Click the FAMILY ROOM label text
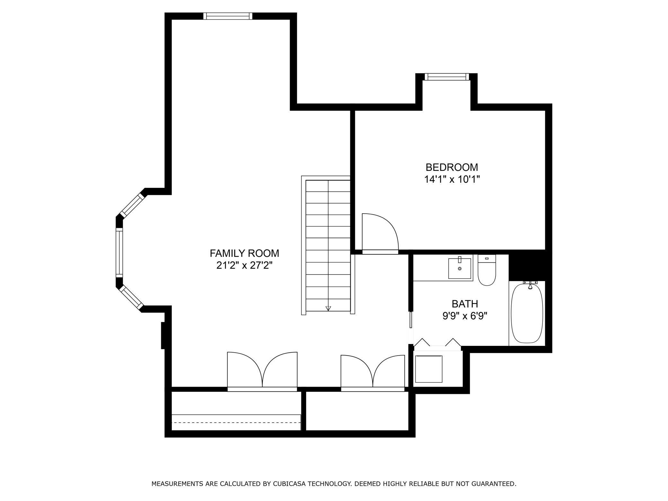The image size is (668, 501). pos(244,253)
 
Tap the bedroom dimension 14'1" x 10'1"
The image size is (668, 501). pos(452,179)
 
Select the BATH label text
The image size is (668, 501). pos(465,304)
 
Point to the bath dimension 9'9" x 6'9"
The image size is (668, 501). pos(465,316)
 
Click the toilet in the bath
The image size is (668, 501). pos(487,271)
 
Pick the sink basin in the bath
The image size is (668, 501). pos(460,268)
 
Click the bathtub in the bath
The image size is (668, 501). pos(527,313)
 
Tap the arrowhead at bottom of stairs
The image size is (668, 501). pos(328,308)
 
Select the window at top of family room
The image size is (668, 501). pos(228,16)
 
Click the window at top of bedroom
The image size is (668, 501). pos(446,76)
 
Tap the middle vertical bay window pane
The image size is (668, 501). pos(119,252)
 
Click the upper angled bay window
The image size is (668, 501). pos(132,205)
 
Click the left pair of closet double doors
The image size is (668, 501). pos(262,371)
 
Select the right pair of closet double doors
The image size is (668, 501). pos(373,373)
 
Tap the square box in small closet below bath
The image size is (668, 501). pos(429,369)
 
